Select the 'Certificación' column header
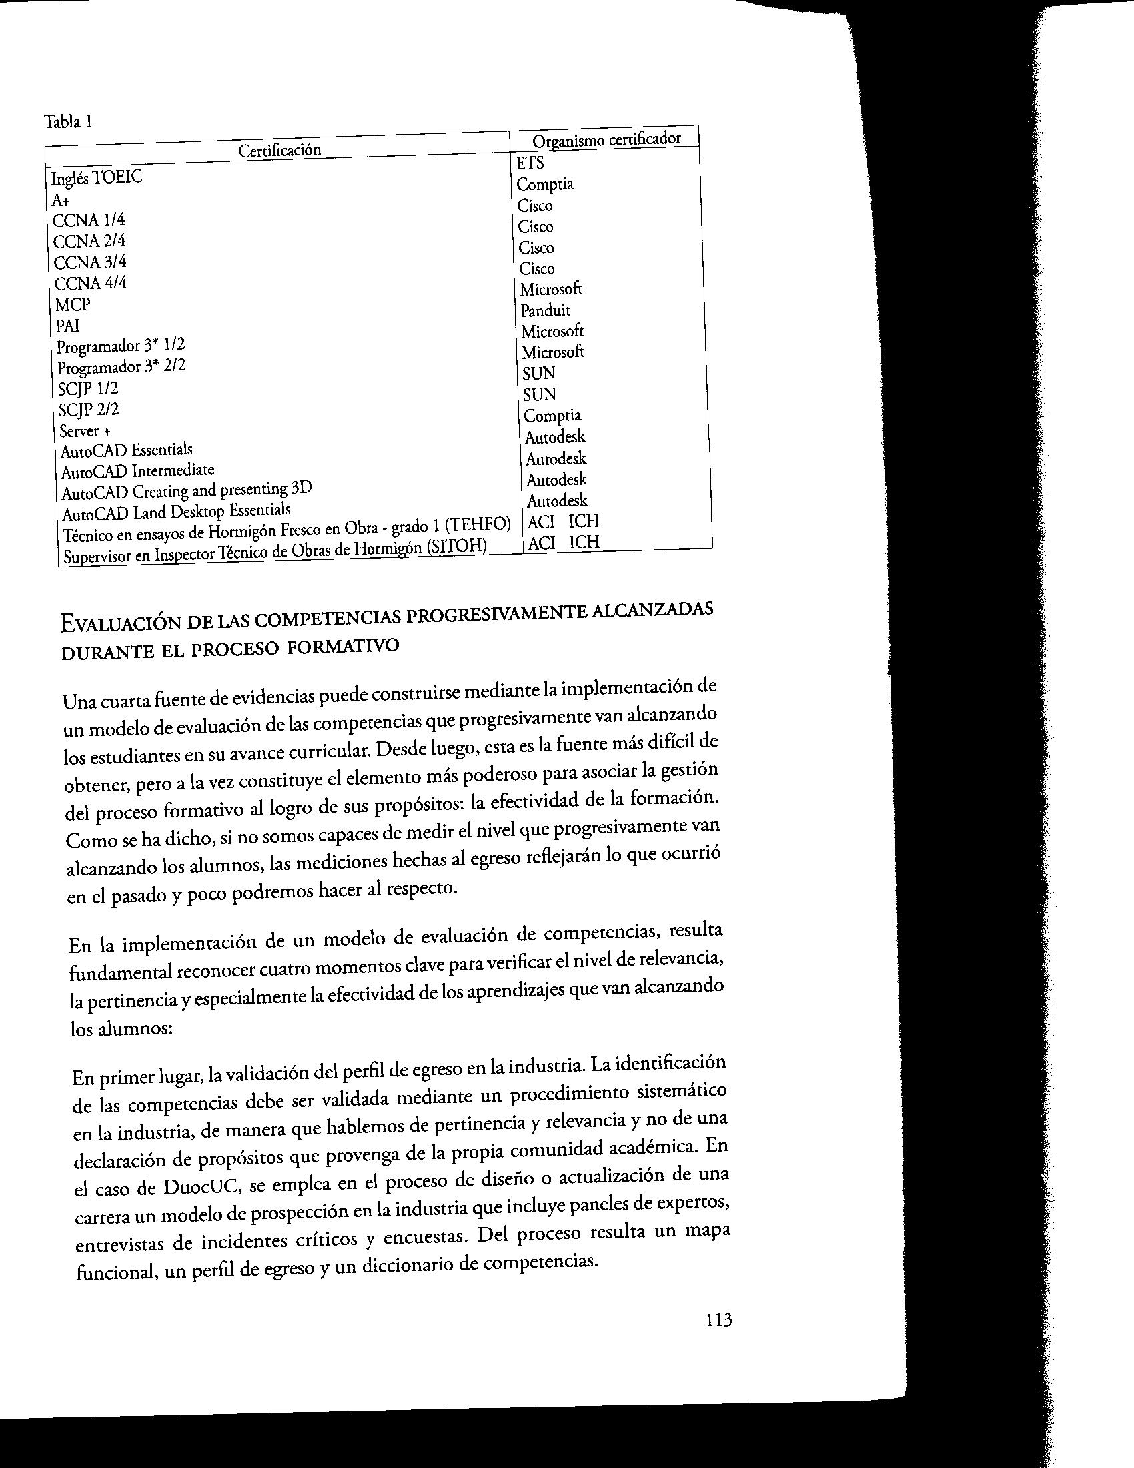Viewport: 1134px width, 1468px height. (x=279, y=150)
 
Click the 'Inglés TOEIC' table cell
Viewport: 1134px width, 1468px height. (x=97, y=178)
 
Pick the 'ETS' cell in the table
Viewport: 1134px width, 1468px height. (x=530, y=163)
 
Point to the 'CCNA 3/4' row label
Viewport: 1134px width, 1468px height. (x=90, y=262)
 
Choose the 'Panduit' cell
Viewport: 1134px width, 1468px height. (x=545, y=310)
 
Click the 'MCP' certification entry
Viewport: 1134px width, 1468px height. (x=73, y=304)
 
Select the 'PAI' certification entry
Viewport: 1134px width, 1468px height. (x=68, y=326)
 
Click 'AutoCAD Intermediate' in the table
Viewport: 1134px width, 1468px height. (x=137, y=471)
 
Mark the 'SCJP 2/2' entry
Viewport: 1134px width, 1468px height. (x=89, y=409)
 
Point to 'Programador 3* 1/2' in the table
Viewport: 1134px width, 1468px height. (x=121, y=347)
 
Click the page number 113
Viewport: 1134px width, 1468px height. (x=718, y=1339)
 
